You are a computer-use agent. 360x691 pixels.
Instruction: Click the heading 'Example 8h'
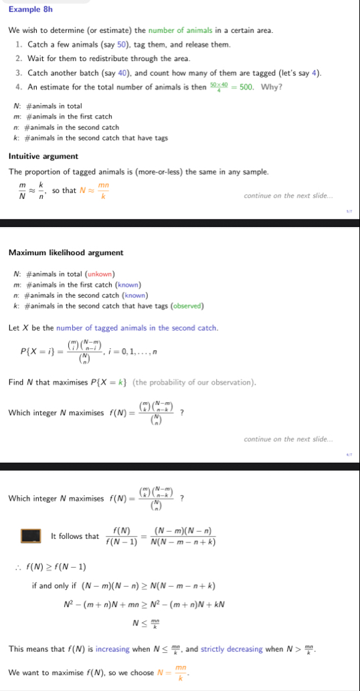[30, 10]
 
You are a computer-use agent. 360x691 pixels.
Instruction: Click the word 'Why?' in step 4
[272, 87]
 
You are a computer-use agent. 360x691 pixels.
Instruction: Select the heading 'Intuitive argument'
[43, 156]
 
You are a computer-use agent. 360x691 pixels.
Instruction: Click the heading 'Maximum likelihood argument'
[66, 252]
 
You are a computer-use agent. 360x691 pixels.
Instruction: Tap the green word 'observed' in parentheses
[187, 306]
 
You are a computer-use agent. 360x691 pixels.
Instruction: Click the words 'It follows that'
[75, 536]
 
